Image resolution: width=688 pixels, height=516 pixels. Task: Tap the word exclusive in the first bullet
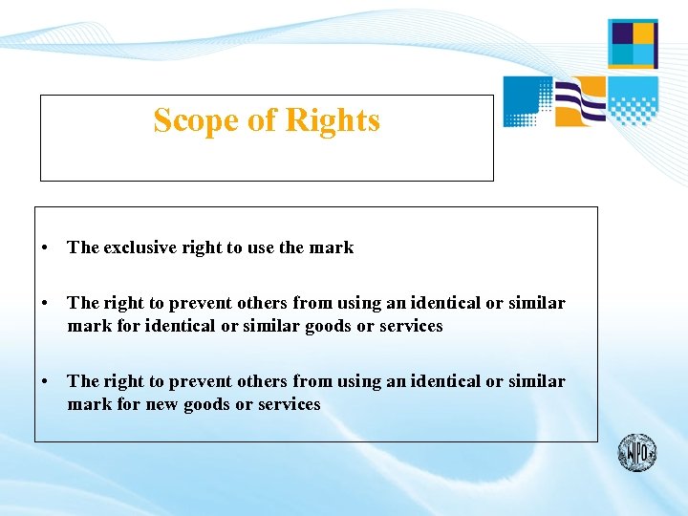(x=141, y=247)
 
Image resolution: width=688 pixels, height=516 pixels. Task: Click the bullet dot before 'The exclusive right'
(x=46, y=248)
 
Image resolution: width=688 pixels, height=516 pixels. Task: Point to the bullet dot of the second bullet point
(x=46, y=304)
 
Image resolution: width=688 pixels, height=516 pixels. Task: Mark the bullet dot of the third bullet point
(x=46, y=382)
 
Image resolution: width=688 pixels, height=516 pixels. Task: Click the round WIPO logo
(x=636, y=451)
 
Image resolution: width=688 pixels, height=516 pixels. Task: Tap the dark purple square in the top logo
(x=621, y=33)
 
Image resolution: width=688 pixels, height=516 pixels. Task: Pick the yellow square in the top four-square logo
(x=644, y=33)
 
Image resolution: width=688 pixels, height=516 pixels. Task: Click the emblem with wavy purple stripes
(x=580, y=100)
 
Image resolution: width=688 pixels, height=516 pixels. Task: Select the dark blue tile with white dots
(x=527, y=100)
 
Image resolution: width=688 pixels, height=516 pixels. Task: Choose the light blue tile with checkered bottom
(x=634, y=100)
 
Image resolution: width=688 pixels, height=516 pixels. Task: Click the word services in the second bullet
(x=410, y=326)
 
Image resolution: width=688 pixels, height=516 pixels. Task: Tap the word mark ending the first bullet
(x=331, y=247)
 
